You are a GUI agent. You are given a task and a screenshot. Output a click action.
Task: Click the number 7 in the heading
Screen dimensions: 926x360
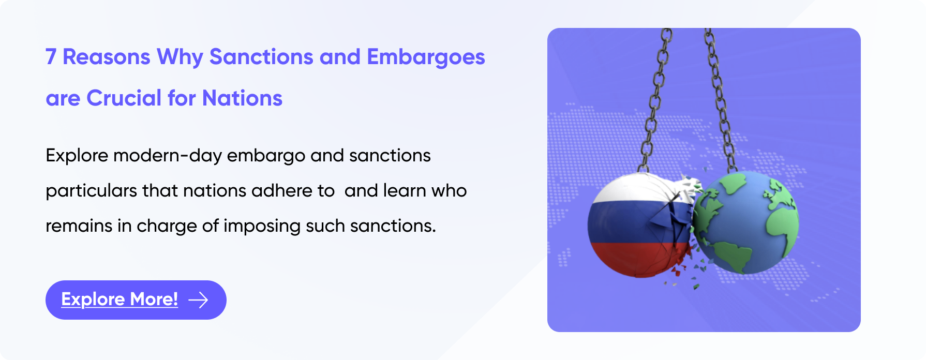(51, 57)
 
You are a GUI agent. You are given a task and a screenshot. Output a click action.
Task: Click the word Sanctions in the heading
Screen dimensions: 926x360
(261, 57)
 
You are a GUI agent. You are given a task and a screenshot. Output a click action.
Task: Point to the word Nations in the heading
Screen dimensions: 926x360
(242, 98)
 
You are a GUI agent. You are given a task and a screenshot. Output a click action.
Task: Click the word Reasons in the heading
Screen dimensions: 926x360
(107, 57)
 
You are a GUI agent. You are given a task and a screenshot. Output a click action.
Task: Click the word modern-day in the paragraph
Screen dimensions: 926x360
(168, 156)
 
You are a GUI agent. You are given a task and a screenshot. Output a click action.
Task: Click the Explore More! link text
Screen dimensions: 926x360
(120, 299)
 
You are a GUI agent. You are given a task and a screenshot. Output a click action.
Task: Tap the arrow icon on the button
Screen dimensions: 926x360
(198, 300)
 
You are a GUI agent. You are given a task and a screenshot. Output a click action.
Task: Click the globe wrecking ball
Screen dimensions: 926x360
(745, 222)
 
